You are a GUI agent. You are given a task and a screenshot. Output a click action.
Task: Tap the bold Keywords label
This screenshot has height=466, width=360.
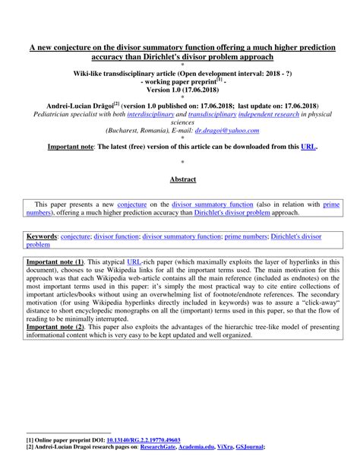point(42,236)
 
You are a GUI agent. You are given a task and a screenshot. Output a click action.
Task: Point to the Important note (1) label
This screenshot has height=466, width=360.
point(52,261)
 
